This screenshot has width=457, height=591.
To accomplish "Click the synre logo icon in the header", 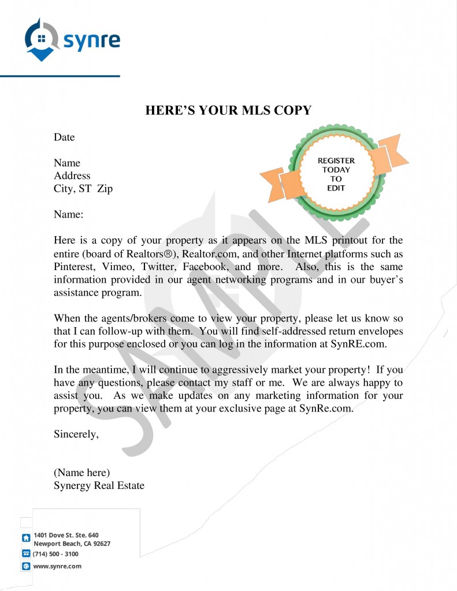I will click(41, 39).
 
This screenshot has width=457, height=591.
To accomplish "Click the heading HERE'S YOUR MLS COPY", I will click(228, 110).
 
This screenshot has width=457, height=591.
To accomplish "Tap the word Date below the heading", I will click(64, 137).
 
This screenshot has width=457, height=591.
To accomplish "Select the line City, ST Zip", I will click(83, 189).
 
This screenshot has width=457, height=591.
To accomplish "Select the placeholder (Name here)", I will click(81, 473).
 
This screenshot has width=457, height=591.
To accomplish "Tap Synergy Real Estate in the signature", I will click(99, 485).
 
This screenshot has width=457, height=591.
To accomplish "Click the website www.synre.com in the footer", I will click(57, 566).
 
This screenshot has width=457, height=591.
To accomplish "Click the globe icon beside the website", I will click(25, 567).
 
